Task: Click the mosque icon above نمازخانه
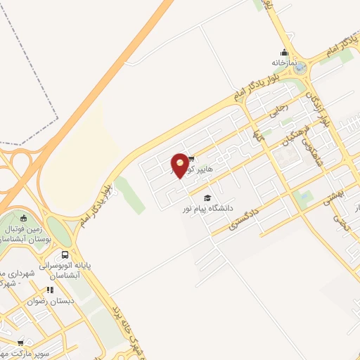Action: click(x=284, y=52)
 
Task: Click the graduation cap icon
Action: click(x=207, y=198)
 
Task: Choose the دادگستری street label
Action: click(x=244, y=219)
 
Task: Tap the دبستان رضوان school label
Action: click(x=47, y=300)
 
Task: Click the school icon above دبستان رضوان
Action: click(x=50, y=290)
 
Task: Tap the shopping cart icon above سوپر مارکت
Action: click(x=19, y=343)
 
